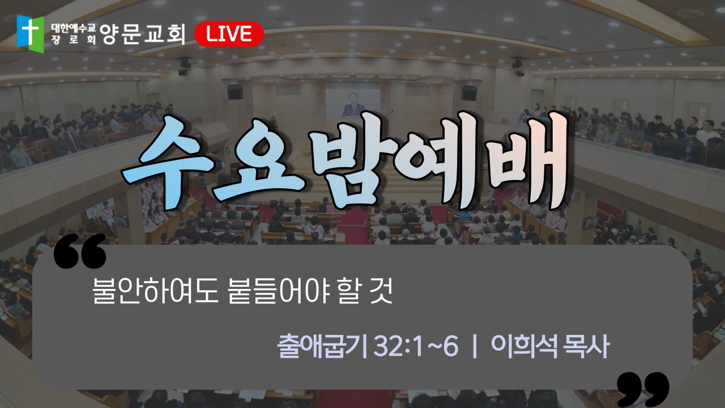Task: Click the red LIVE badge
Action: [x=229, y=34]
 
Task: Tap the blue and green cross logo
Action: [x=30, y=33]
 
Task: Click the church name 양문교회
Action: [x=142, y=34]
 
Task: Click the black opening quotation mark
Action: [x=80, y=251]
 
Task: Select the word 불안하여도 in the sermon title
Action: [x=155, y=291]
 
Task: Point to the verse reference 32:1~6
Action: [x=416, y=346]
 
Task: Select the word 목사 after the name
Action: [x=586, y=346]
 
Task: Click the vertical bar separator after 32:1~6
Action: [x=475, y=346]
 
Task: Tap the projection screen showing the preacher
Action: [x=352, y=104]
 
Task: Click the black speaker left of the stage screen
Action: [x=235, y=92]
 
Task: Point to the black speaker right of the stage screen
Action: [x=469, y=93]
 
